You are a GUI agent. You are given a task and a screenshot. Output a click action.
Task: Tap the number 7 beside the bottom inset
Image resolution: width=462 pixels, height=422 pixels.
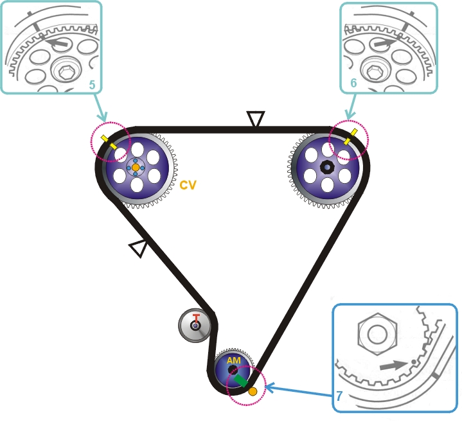(x=340, y=398)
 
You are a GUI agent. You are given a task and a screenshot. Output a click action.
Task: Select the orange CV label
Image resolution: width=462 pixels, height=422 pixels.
(x=188, y=185)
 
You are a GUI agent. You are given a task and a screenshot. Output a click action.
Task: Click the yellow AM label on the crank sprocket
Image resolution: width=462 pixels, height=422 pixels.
(x=233, y=361)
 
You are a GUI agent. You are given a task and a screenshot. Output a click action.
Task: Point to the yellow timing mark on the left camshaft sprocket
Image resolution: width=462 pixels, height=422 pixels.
(x=109, y=142)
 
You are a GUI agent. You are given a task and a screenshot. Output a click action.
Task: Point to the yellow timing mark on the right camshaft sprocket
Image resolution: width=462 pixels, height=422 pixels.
(x=351, y=136)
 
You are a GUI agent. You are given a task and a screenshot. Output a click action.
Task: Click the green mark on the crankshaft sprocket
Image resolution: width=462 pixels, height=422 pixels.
(x=241, y=382)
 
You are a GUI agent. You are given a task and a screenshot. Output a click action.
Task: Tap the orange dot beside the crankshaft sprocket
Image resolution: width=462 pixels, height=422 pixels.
(x=253, y=391)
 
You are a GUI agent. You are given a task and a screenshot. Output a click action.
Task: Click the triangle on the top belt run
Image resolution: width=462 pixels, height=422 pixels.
(x=256, y=119)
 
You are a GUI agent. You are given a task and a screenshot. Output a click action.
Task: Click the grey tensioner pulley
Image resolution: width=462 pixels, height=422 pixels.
(x=194, y=325)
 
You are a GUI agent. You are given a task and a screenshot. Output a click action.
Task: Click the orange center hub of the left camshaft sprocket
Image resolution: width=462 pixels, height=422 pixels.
(x=135, y=167)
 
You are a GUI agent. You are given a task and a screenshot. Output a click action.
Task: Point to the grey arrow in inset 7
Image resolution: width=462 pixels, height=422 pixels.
(x=392, y=365)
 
